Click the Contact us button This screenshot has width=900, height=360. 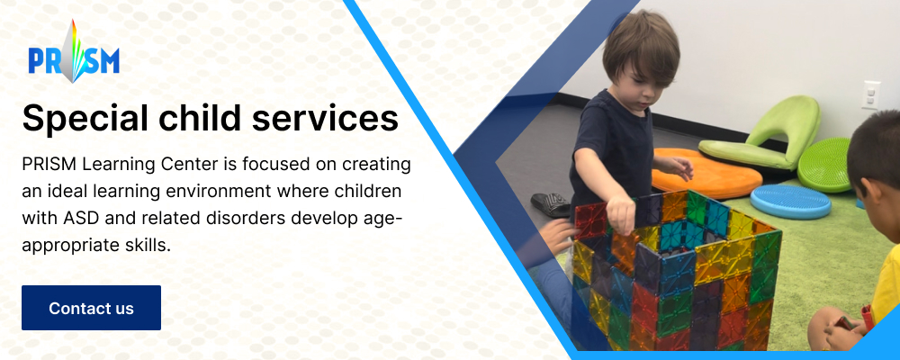coord(91,308)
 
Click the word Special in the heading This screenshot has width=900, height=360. coord(72,119)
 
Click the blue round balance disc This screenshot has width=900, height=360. coord(790,202)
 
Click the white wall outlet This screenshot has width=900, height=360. coord(870,94)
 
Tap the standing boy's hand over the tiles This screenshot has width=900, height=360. coord(621,214)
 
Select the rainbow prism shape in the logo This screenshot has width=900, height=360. coord(74,51)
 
